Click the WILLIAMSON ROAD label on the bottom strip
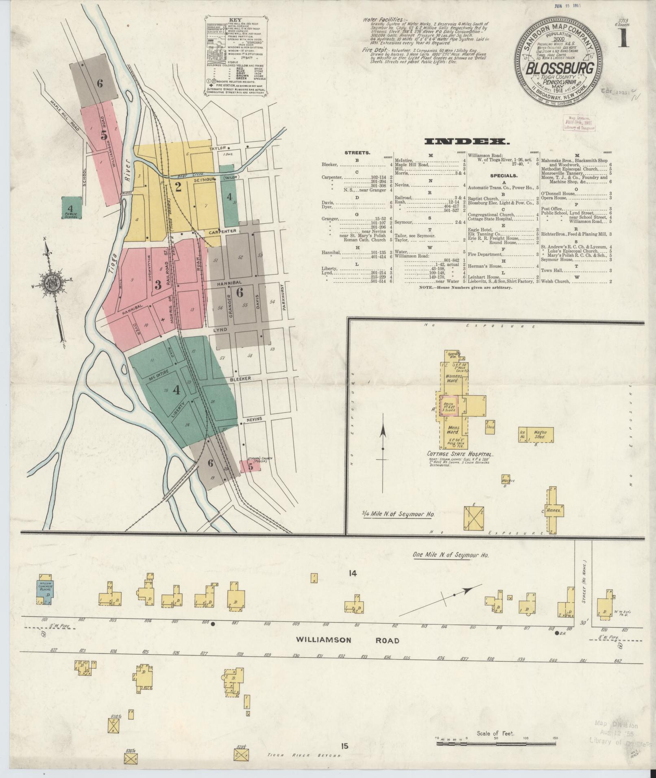348,640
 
